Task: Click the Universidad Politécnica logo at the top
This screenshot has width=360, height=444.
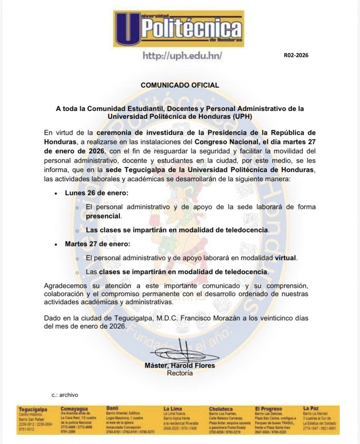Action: tap(179, 29)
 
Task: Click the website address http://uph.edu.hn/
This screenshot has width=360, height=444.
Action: tap(183, 56)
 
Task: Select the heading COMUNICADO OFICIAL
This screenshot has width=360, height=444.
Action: tap(180, 85)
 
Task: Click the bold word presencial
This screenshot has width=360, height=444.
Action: tap(104, 215)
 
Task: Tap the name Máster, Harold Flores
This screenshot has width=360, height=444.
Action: tap(180, 366)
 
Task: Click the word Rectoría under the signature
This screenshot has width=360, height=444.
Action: tap(180, 372)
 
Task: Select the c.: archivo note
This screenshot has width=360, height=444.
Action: tap(65, 395)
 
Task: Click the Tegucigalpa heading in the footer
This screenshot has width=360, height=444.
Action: tap(33, 409)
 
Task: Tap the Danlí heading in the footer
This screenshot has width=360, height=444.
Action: tap(112, 408)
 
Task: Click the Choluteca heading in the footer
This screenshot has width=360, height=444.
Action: tap(221, 409)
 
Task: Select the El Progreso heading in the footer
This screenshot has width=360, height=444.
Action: tap(268, 409)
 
